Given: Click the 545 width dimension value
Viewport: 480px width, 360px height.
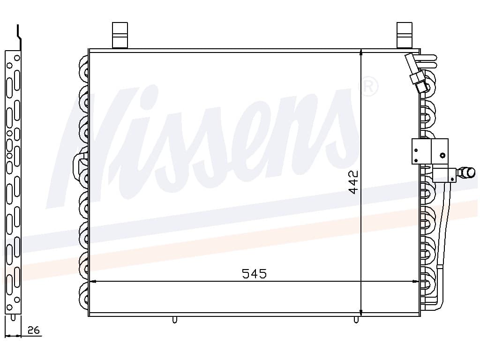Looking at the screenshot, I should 254,273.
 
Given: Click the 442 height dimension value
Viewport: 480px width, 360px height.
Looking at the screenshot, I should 353,182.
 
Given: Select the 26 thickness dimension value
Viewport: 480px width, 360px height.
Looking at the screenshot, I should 33,330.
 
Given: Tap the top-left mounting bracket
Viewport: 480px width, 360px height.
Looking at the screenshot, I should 120,35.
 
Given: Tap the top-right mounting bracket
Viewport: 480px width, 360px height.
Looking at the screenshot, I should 404,35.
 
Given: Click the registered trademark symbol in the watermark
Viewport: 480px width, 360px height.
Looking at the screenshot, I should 368,87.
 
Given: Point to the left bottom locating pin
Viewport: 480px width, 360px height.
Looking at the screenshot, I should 174,320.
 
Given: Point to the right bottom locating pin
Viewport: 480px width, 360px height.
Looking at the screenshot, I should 356,320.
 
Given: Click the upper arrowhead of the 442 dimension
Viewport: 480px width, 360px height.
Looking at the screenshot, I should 361,52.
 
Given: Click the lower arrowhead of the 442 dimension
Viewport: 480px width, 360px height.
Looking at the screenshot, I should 361,312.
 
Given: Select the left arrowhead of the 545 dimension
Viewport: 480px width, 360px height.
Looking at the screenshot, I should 92,282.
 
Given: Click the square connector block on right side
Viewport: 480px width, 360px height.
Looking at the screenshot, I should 429,151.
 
